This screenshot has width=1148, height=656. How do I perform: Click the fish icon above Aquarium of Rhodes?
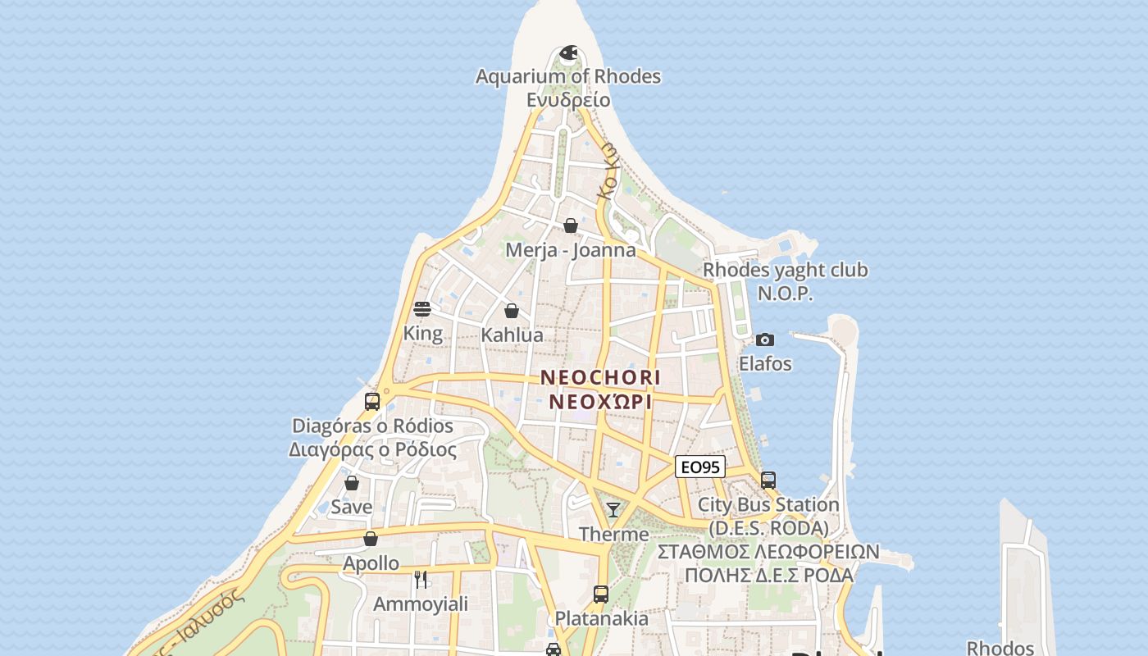tap(568, 53)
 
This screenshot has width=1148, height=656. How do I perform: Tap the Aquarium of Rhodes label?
tap(568, 76)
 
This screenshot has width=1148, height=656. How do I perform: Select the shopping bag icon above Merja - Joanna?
tap(571, 225)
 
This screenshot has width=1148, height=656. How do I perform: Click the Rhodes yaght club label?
tap(785, 270)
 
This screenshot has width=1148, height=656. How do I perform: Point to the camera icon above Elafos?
tap(765, 339)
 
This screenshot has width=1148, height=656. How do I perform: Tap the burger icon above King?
tap(422, 309)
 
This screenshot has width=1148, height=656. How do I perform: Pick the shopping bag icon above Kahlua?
tap(512, 311)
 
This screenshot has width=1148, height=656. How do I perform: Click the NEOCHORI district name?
tap(600, 378)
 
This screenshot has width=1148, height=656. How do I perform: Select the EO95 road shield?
tap(700, 467)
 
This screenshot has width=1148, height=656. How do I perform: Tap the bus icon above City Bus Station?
tap(768, 481)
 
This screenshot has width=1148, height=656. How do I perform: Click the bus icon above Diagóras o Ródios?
tap(372, 402)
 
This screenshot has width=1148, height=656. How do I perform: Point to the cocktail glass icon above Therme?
tap(613, 510)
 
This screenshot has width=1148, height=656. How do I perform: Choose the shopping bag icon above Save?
tap(352, 483)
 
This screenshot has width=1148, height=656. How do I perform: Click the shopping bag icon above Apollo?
tap(371, 539)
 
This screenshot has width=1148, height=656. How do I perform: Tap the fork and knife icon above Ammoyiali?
tap(421, 579)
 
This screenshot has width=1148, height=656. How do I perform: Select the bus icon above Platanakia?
tap(601, 594)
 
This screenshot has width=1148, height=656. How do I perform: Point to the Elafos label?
tap(765, 363)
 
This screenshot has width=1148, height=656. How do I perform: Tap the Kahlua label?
tap(512, 335)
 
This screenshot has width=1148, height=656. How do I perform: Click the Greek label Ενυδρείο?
tap(568, 99)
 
